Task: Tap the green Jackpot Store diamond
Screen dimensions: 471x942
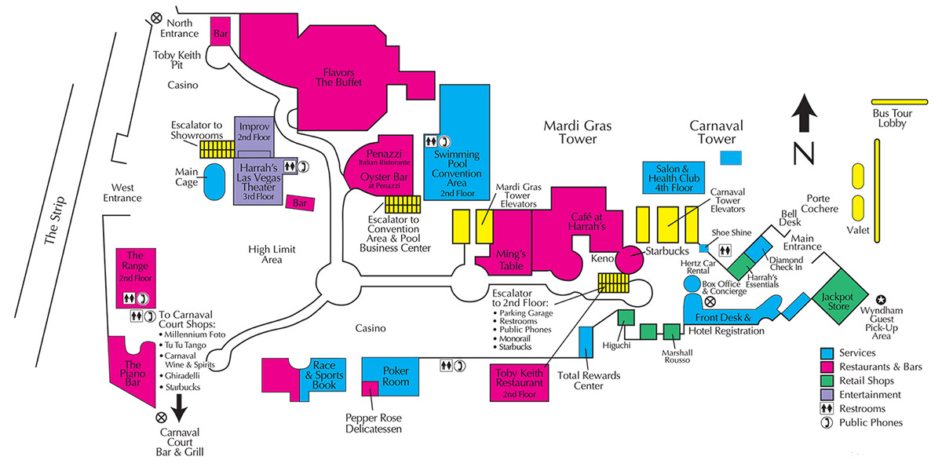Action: coord(838,301)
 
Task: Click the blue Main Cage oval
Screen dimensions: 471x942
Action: coord(212,182)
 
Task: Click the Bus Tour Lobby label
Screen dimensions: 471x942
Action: coord(892,118)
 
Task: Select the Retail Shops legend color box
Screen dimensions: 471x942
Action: coord(827,381)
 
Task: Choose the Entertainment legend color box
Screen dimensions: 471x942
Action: coord(827,395)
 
